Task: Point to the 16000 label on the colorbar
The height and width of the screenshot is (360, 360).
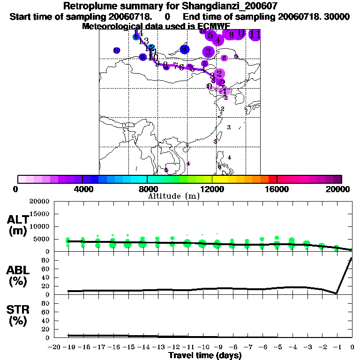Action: [277, 189]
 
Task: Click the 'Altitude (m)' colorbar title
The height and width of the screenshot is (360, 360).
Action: [173, 196]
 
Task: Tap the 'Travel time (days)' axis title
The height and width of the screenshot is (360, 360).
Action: [205, 355]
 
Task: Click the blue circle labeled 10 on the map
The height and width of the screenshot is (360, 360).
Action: [117, 50]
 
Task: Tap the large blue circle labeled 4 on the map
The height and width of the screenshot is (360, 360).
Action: [185, 49]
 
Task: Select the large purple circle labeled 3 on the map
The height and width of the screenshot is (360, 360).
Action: [209, 52]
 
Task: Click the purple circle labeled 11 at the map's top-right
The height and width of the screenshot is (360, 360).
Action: [255, 34]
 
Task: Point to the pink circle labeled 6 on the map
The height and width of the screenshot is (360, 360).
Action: [224, 58]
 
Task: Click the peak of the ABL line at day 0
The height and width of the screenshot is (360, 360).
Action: [352, 258]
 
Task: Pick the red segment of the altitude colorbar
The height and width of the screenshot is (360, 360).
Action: [272, 179]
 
